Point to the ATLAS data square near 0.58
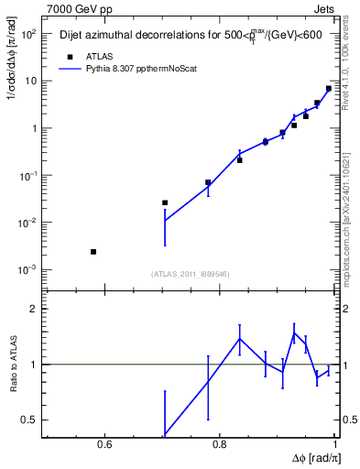click(x=93, y=251)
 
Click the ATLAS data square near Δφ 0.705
click(x=165, y=202)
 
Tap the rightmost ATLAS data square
click(x=329, y=89)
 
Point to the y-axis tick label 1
click(x=33, y=128)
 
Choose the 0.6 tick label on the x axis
click(x=104, y=446)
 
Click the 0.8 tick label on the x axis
click(x=219, y=446)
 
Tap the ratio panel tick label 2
click(x=34, y=310)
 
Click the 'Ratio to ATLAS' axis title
click(x=13, y=364)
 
